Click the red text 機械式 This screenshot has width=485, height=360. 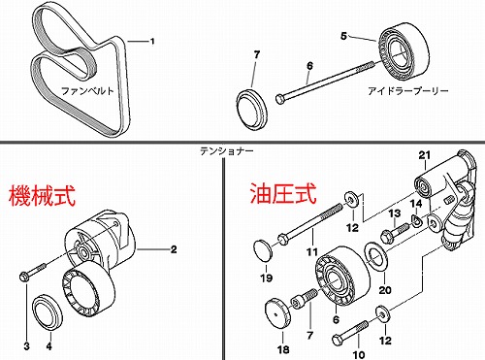43,195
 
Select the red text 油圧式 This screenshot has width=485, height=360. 283,193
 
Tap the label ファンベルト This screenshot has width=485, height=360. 87,91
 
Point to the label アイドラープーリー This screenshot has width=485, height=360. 407,91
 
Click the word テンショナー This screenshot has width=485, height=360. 226,150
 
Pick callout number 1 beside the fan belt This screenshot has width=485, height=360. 152,42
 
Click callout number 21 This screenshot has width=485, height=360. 425,155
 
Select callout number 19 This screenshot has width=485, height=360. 267,278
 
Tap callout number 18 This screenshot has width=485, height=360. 283,349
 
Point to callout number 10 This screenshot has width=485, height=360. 358,354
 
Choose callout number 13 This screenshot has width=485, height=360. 395,213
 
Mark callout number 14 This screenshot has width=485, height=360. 416,204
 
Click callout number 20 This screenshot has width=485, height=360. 385,290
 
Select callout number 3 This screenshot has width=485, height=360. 26,346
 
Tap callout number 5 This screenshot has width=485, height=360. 343,36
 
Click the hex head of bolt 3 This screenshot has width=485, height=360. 24,277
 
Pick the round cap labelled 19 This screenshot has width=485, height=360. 263,249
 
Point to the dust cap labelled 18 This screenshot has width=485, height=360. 277,313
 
